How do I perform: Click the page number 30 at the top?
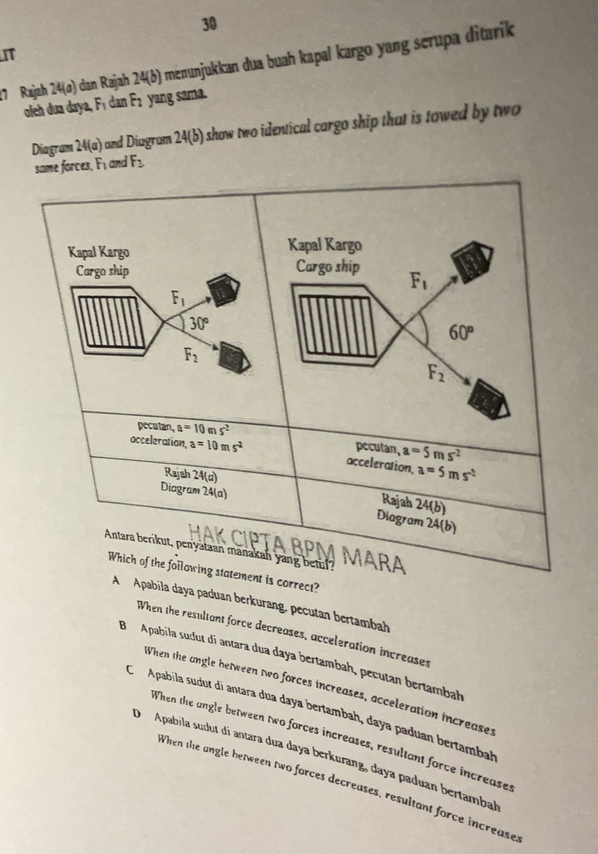210,25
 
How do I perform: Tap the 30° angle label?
200,324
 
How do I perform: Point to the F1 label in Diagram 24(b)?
418,281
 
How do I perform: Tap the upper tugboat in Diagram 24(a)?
223,289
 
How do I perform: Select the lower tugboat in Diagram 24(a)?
234,358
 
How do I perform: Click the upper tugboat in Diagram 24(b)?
472,262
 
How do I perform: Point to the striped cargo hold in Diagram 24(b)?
337,326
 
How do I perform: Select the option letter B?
123,626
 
